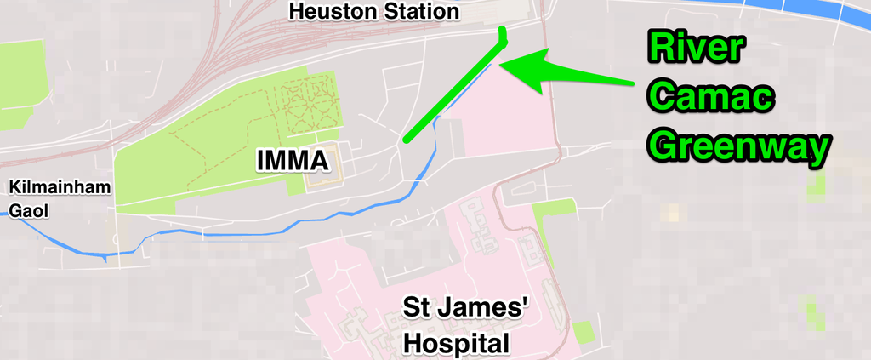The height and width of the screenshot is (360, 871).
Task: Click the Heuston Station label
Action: pyautogui.click(x=373, y=12)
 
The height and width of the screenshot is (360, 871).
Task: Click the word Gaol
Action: pyautogui.click(x=28, y=209)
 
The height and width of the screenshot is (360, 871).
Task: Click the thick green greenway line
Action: pyautogui.click(x=451, y=90)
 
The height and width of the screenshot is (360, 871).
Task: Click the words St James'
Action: pyautogui.click(x=466, y=307)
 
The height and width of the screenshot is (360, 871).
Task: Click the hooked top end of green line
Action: pyautogui.click(x=502, y=33)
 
